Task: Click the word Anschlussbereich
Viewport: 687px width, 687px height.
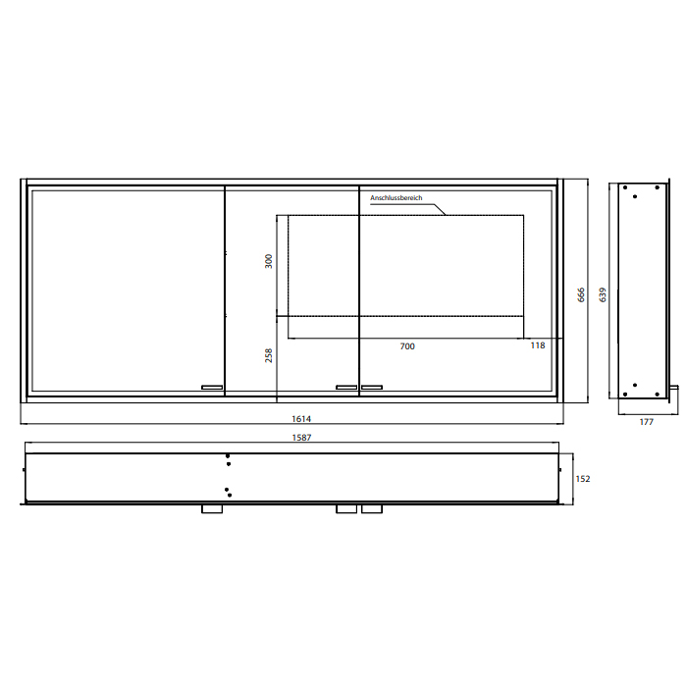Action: tap(396, 198)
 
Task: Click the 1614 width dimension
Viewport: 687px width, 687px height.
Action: tap(301, 419)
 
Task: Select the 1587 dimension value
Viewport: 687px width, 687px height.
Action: tap(301, 438)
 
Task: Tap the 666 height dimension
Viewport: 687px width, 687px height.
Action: tap(581, 294)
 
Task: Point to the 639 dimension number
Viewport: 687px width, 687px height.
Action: tap(603, 294)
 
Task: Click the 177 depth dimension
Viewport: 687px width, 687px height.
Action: tap(646, 422)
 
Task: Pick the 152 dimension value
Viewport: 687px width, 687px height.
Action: tap(583, 479)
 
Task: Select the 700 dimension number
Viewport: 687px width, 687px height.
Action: tap(407, 346)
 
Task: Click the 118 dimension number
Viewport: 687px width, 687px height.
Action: tap(538, 345)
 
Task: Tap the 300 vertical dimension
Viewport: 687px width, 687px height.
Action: tap(269, 261)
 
